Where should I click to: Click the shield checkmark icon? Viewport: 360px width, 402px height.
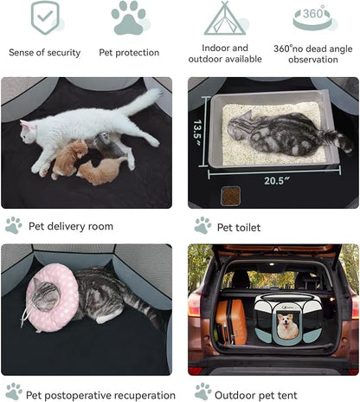[x=45, y=17]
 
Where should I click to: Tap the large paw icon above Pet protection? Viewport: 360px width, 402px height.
[x=129, y=18]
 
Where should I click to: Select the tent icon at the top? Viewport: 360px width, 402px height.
[x=225, y=18]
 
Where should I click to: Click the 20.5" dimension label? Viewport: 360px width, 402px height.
[x=276, y=181]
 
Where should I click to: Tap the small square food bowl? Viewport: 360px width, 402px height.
[x=230, y=196]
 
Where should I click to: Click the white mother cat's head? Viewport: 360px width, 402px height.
[x=29, y=133]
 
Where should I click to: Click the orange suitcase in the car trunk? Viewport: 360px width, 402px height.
[x=231, y=321]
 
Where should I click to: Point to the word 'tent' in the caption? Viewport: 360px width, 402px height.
[x=287, y=395]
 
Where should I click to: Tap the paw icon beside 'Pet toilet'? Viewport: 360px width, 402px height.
[x=203, y=225]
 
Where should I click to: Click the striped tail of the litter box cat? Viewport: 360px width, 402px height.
[x=337, y=139]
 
